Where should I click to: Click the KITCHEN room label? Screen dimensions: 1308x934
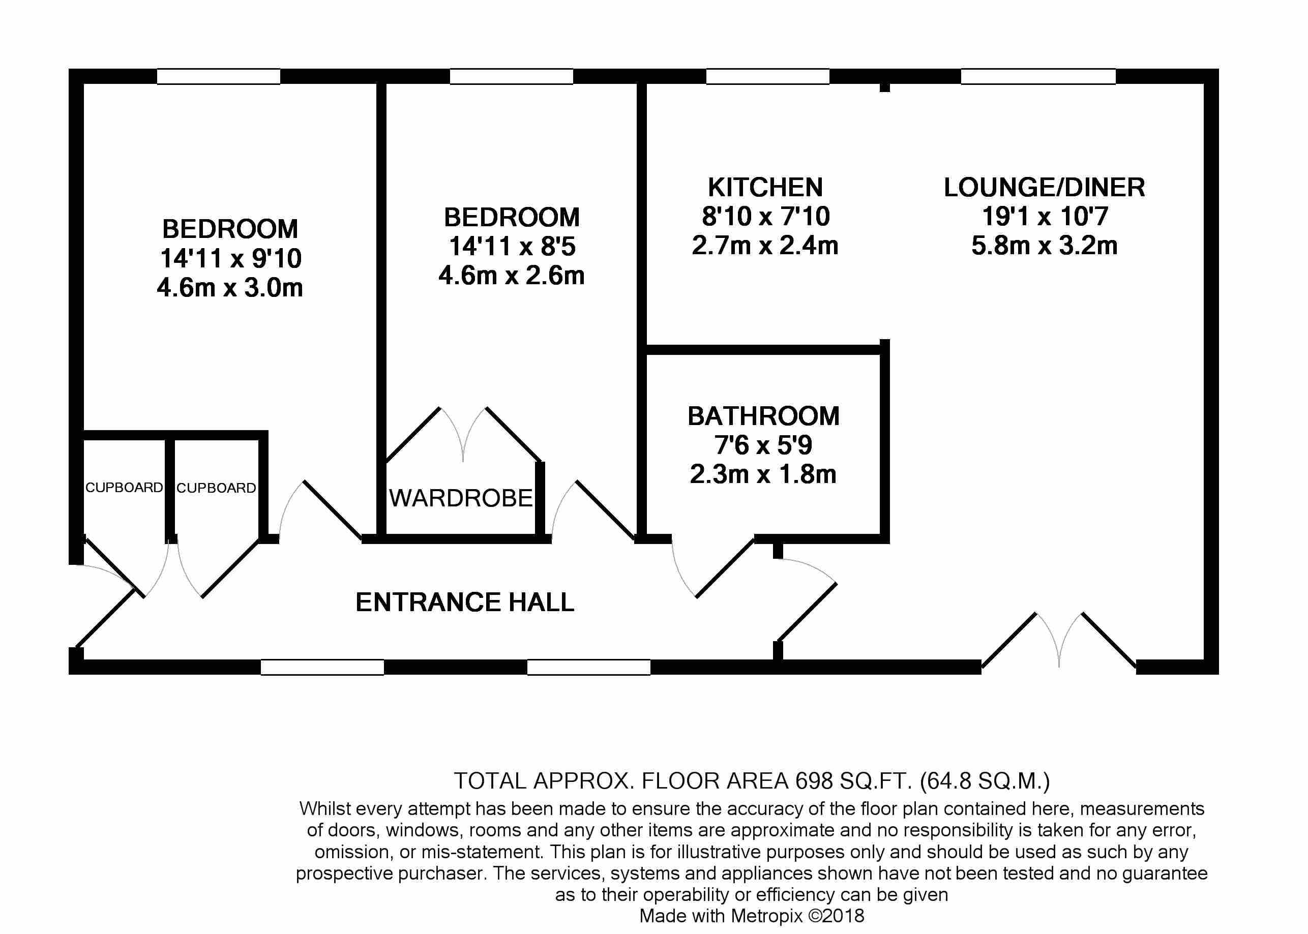pyautogui.click(x=765, y=188)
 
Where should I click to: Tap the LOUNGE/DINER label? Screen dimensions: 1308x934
pyautogui.click(x=1044, y=188)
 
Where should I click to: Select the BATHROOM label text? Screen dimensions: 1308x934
pyautogui.click(x=763, y=416)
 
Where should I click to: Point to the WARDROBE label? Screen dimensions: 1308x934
pyautogui.click(x=461, y=498)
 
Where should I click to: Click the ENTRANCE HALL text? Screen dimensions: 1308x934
pyautogui.click(x=465, y=602)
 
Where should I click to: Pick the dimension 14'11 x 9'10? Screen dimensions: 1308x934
pyautogui.click(x=230, y=259)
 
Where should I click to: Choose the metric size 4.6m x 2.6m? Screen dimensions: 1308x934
pyautogui.click(x=512, y=276)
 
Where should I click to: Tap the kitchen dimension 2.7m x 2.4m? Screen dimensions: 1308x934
pyautogui.click(x=765, y=246)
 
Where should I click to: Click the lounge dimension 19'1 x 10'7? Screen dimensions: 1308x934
pyautogui.click(x=1044, y=217)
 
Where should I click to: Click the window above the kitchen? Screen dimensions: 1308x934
pyautogui.click(x=767, y=76)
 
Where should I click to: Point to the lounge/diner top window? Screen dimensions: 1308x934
pyautogui.click(x=1038, y=76)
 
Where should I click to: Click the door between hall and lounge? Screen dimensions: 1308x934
pyautogui.click(x=807, y=613)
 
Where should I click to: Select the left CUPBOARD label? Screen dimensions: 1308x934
pyautogui.click(x=124, y=488)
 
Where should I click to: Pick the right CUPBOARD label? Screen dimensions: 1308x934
pyautogui.click(x=216, y=488)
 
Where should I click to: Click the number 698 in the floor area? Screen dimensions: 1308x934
pyautogui.click(x=813, y=781)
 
